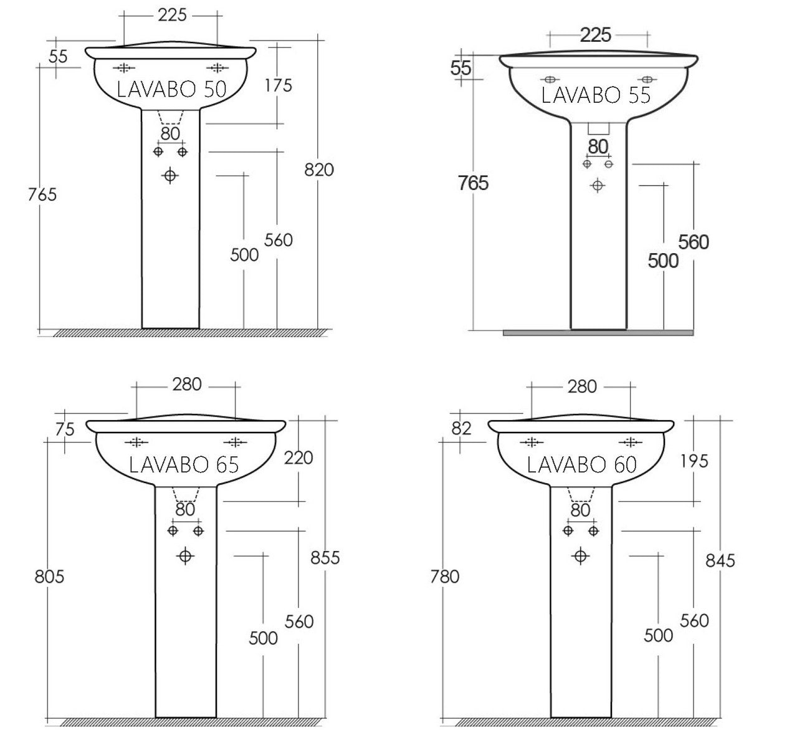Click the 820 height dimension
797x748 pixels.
(x=319, y=169)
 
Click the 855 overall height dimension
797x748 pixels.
(x=325, y=557)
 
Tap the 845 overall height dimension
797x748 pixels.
(x=720, y=560)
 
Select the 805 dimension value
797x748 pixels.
(x=49, y=576)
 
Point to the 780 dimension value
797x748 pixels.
(x=444, y=576)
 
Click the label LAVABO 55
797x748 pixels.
(x=596, y=95)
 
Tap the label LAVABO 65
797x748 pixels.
(x=184, y=464)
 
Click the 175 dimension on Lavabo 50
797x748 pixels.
(x=278, y=85)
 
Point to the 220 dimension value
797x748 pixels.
(x=298, y=458)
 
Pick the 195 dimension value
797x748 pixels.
(x=694, y=461)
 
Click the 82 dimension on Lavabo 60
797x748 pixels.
(x=462, y=428)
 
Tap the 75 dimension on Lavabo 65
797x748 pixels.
(x=64, y=429)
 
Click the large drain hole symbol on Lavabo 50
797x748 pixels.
(x=170, y=176)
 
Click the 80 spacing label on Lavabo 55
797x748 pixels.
(x=598, y=146)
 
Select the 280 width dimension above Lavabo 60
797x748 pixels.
(x=582, y=386)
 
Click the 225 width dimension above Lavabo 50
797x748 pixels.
(x=172, y=15)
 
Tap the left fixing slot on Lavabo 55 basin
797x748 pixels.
(x=550, y=80)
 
